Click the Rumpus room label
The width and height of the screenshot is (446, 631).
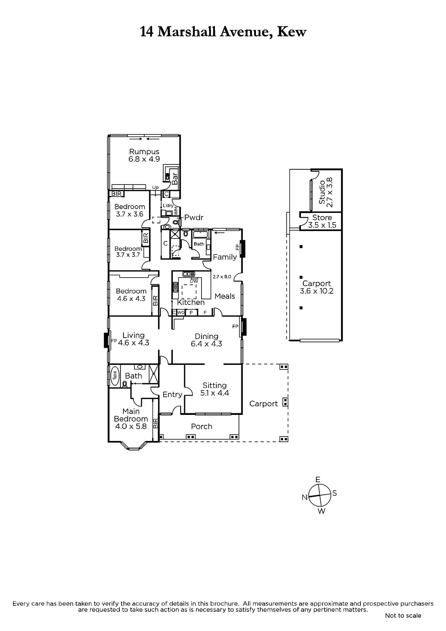[144, 151]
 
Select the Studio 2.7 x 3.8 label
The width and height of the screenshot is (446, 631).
[326, 192]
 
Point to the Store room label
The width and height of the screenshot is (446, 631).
[322, 217]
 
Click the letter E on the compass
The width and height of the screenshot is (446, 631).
[318, 480]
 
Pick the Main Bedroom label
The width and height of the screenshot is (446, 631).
[131, 415]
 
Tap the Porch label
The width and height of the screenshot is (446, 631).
[202, 426]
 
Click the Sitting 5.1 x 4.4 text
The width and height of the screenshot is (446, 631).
[215, 389]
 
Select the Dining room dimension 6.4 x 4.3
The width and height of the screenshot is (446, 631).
[207, 344]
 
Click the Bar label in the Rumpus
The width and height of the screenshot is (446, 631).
[175, 178]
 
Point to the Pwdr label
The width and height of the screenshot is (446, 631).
[194, 217]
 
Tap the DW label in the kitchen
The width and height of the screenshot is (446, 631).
[194, 281]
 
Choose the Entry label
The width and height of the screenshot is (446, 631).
[172, 395]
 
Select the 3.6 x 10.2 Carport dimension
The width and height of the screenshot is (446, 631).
[316, 291]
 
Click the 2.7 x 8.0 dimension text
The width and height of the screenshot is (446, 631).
[222, 276]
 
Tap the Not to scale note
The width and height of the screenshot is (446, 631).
[403, 616]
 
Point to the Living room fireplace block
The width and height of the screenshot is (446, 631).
[106, 340]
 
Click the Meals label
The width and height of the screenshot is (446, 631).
[224, 296]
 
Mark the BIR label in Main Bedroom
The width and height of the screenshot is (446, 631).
[155, 423]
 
